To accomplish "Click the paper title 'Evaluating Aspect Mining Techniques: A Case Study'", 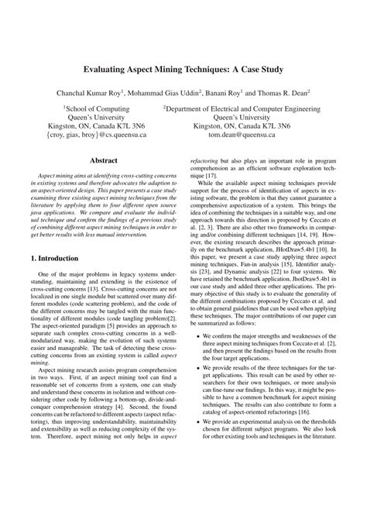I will click(183, 69).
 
